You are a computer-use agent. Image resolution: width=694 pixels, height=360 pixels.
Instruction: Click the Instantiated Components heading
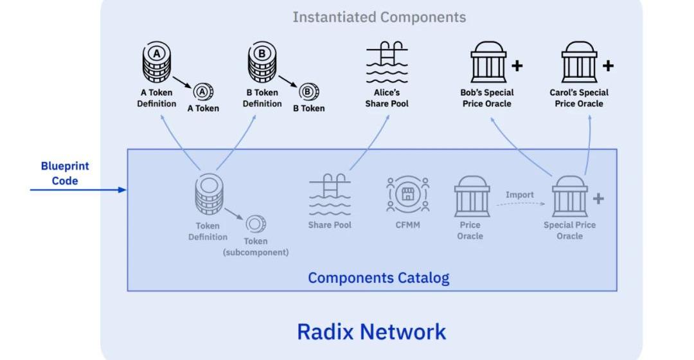(x=379, y=17)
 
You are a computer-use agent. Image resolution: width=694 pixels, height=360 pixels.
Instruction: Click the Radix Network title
(x=371, y=332)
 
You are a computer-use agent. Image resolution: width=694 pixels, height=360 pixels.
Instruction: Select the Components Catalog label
(x=378, y=278)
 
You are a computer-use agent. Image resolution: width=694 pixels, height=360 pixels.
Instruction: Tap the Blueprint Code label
(x=65, y=173)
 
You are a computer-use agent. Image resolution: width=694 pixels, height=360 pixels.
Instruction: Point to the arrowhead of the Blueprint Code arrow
(x=123, y=190)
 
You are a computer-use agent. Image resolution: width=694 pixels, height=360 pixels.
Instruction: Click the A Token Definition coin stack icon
(x=156, y=63)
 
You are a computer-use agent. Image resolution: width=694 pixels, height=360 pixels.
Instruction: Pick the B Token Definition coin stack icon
(x=262, y=63)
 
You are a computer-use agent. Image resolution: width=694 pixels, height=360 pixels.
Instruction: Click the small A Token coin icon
(x=204, y=92)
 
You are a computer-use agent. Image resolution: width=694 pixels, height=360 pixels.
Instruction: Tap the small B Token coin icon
(x=310, y=92)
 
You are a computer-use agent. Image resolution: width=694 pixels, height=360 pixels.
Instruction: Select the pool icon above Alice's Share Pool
(x=387, y=63)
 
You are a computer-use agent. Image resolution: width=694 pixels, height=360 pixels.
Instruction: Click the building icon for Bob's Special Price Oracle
(x=488, y=63)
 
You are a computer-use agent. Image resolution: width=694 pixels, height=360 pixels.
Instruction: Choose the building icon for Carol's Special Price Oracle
(x=579, y=63)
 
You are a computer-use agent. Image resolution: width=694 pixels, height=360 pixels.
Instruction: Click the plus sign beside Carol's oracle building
(x=608, y=65)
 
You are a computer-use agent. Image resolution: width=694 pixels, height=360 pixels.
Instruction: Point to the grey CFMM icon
(x=407, y=194)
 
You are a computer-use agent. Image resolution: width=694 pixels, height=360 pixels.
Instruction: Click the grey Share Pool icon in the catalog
(x=330, y=195)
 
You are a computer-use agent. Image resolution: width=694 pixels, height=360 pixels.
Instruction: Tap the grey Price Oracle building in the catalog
(x=472, y=196)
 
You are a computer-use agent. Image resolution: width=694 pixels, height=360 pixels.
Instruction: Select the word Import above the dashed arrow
(x=519, y=195)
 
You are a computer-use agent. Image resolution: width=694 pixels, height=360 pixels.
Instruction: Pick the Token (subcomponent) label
(x=255, y=247)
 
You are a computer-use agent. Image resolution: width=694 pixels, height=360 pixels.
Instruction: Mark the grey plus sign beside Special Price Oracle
(x=598, y=199)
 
